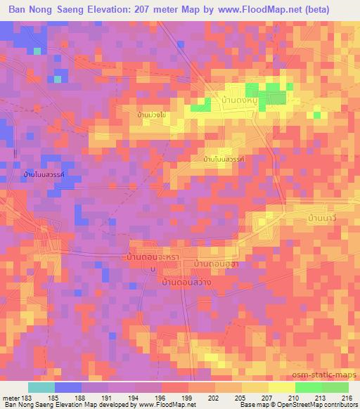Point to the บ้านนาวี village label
pyautogui.click(x=323, y=221)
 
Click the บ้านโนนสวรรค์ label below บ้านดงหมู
pyautogui.click(x=224, y=160)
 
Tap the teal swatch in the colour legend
pyautogui.click(x=41, y=387)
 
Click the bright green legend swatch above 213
pyautogui.click(x=309, y=387)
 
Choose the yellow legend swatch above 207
pyautogui.click(x=255, y=387)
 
